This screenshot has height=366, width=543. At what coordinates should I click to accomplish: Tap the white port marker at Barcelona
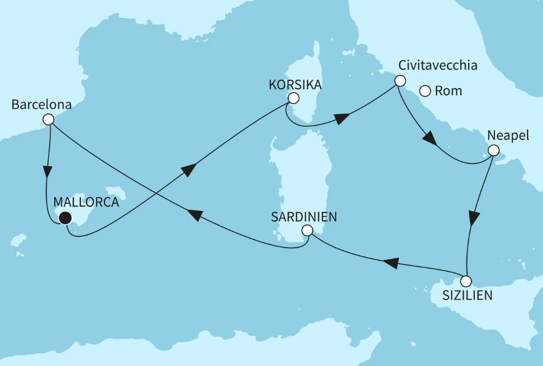click(x=49, y=119)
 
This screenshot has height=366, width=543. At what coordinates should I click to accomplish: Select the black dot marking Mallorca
click(x=65, y=219)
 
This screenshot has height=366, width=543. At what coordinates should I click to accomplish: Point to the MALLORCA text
click(x=86, y=203)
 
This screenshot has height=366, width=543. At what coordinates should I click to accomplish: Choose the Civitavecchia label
click(x=437, y=65)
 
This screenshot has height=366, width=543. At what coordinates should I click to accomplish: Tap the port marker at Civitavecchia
click(x=399, y=80)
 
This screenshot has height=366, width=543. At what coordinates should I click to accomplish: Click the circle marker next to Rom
click(x=425, y=90)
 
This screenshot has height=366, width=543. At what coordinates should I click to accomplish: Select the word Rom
click(x=448, y=91)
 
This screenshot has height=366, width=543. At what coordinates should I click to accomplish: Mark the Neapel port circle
click(x=493, y=150)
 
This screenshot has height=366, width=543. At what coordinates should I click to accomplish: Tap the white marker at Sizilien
click(x=466, y=281)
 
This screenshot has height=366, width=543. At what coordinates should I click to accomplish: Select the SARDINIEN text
click(x=305, y=216)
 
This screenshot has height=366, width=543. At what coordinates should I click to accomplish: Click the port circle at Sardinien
click(x=306, y=230)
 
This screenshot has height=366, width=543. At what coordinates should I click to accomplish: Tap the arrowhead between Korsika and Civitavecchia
click(x=342, y=118)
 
